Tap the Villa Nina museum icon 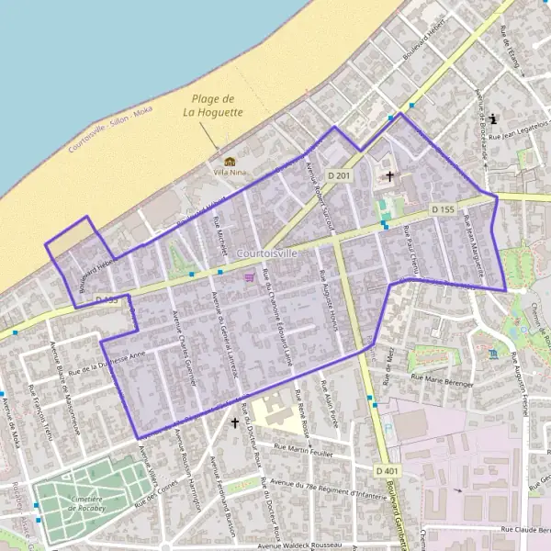[229, 162]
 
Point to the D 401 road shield [388, 471]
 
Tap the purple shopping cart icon [248, 276]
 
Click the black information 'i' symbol [495, 118]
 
